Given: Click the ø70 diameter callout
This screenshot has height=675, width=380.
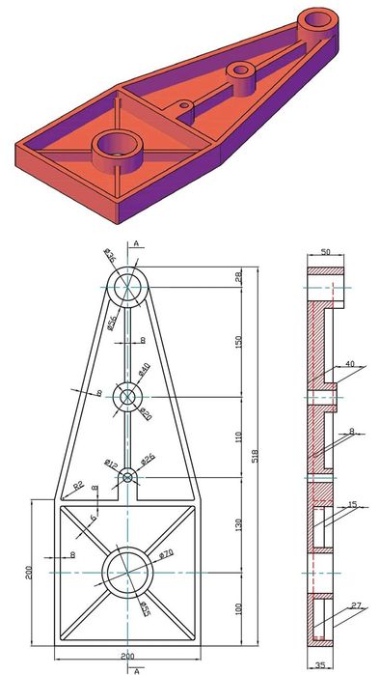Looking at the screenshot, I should click(166, 553).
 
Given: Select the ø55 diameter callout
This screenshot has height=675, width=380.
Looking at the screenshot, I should click(146, 608).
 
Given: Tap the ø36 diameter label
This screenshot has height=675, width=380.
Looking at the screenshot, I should click(109, 257).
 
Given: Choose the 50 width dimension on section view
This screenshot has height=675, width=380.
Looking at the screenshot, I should click(325, 253).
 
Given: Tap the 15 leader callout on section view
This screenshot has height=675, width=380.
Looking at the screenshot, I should click(353, 505).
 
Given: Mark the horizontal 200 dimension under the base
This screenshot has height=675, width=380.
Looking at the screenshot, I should click(127, 657).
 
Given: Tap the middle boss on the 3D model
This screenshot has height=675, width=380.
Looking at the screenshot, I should click(239, 70).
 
